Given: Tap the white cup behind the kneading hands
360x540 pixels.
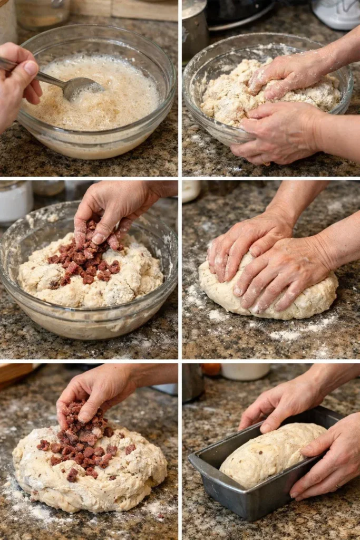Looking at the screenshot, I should (x=191, y=191).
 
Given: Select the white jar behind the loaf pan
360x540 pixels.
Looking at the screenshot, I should (x=245, y=371).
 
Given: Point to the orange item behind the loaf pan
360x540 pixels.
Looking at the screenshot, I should (x=211, y=369).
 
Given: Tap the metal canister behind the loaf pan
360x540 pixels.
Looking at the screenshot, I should (x=193, y=382).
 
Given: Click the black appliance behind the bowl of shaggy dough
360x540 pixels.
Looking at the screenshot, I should (x=237, y=13).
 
